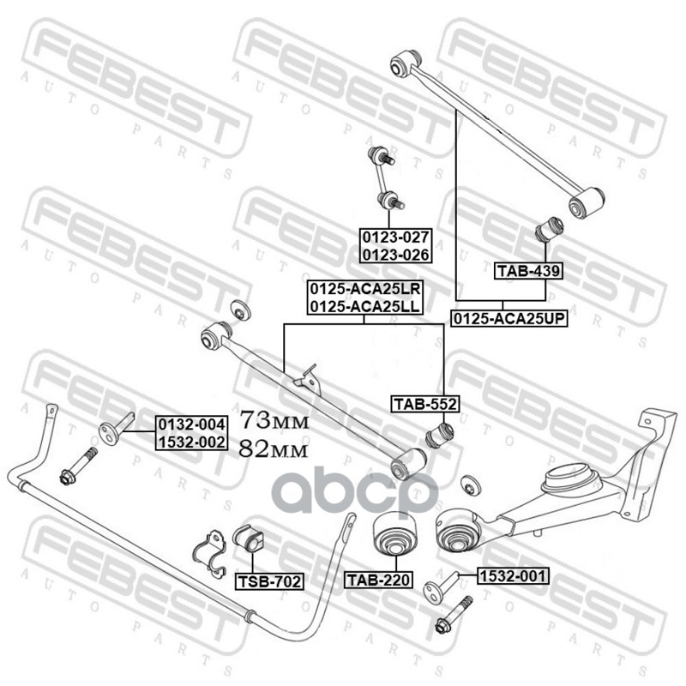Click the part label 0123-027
(396, 237)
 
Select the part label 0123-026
(396, 254)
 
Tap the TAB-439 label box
(528, 271)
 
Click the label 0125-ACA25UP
(509, 318)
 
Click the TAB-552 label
(425, 403)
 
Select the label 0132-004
(191, 424)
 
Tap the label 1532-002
(191, 442)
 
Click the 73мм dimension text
(273, 420)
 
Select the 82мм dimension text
(273, 447)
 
